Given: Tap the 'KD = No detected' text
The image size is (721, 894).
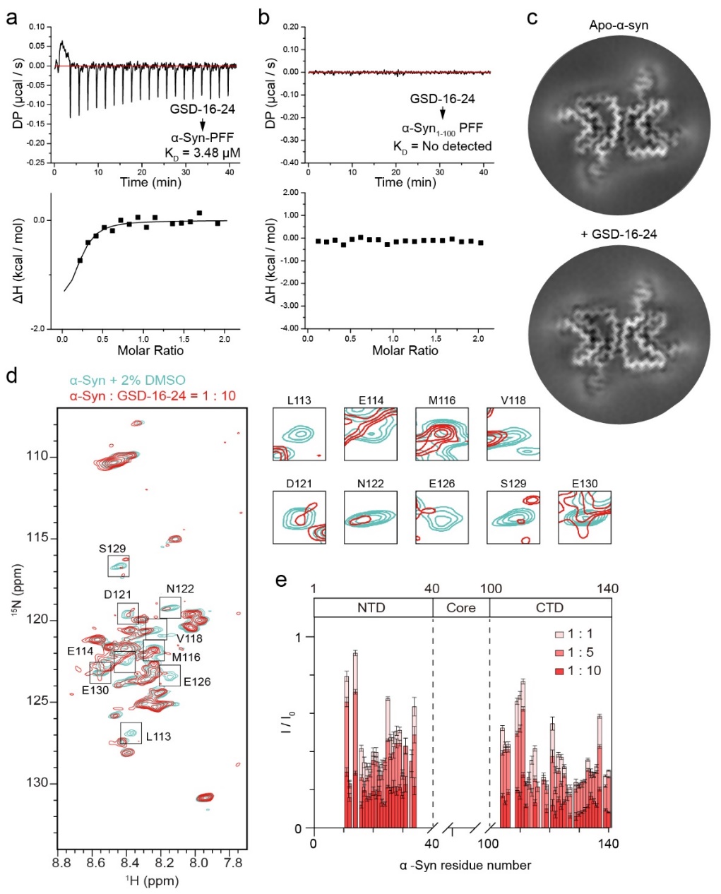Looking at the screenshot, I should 442,146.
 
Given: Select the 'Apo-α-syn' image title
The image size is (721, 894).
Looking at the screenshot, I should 618,25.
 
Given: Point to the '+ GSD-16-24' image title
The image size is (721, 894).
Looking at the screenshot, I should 618,234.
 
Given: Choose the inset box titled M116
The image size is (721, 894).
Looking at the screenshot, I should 442,434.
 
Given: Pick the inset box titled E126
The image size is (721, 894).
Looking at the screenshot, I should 442,517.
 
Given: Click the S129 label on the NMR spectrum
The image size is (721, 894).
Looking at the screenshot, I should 112,549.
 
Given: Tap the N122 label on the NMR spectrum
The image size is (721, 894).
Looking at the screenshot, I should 180,589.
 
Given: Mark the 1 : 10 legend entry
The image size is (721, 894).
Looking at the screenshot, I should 577,671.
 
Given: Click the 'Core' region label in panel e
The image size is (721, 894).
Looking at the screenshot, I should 460,607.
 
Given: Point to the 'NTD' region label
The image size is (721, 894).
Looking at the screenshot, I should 371,607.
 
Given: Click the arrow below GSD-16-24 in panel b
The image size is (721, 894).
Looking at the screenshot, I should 443,114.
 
